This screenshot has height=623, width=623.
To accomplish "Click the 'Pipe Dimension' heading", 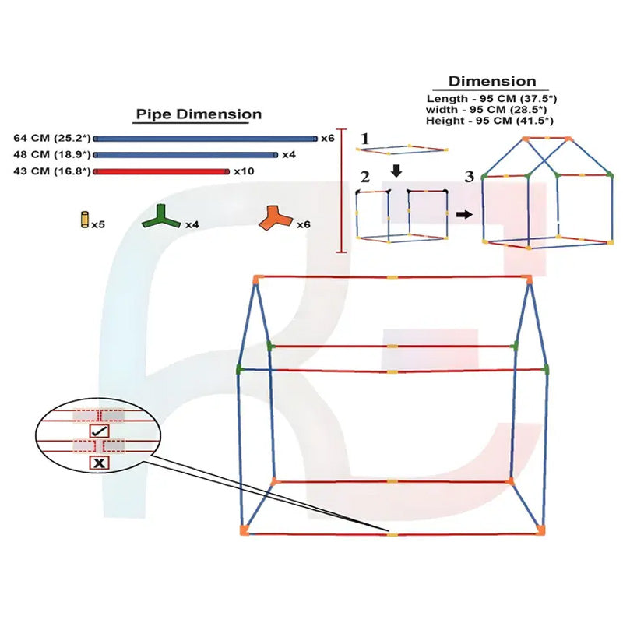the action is (x=199, y=114).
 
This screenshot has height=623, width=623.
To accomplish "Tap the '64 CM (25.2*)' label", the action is (x=52, y=138).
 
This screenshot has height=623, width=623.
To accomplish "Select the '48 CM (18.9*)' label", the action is (x=52, y=154).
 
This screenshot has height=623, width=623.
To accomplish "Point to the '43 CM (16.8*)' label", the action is (x=52, y=171).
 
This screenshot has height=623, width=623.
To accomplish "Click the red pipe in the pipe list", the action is (x=161, y=171).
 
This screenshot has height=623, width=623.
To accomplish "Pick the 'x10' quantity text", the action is (x=244, y=171).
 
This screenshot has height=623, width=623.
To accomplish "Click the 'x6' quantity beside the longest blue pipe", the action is (x=328, y=138).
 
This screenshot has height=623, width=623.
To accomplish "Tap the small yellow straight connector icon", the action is (x=85, y=220).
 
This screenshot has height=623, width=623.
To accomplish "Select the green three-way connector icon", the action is (x=161, y=217).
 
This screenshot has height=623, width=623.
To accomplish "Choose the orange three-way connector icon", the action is (x=276, y=218).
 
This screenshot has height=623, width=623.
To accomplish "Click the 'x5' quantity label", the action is (x=98, y=224).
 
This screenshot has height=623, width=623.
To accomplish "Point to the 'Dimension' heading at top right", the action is (x=492, y=82).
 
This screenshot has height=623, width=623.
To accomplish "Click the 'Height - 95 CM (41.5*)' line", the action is (x=490, y=121).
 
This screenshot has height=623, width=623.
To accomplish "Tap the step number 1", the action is (x=364, y=139).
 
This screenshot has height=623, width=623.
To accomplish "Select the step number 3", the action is (x=470, y=177).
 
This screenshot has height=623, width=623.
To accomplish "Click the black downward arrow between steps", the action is (x=396, y=171).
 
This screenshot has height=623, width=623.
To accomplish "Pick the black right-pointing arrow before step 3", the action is (x=464, y=215).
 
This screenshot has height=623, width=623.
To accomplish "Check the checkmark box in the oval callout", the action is (x=99, y=431).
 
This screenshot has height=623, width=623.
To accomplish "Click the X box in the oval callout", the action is (x=100, y=463).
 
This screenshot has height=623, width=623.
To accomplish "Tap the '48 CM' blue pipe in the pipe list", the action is (x=185, y=154).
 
